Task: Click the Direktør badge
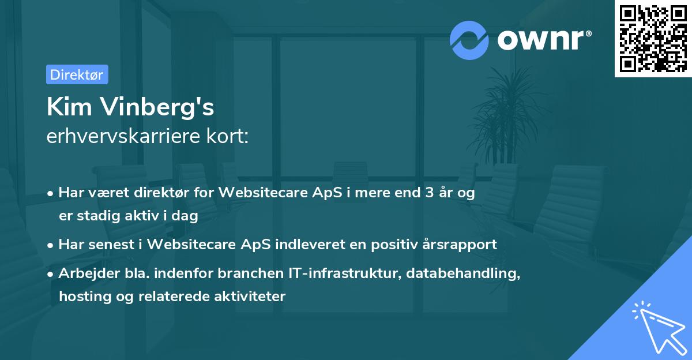tap(77, 74)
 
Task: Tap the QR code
tap(653, 38)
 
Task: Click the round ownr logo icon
tap(469, 40)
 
